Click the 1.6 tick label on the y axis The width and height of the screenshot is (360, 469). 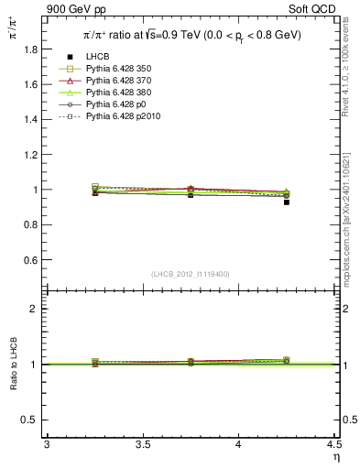[33, 84]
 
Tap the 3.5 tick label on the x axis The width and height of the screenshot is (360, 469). [142, 445]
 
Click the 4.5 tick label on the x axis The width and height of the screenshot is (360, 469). [334, 445]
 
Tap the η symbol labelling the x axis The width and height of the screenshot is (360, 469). [335, 456]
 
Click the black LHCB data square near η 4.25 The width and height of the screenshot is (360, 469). [286, 202]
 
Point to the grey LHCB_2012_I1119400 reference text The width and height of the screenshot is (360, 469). [190, 274]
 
